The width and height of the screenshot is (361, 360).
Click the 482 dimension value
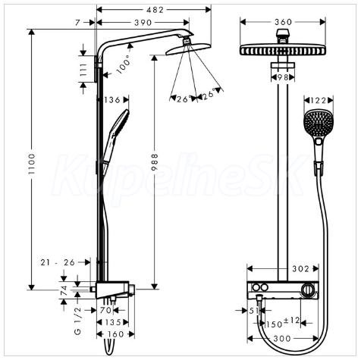coord(155,10)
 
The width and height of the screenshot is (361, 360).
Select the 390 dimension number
coord(143,23)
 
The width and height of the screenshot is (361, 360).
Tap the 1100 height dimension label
coord(31,164)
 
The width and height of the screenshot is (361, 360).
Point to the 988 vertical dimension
coord(155,162)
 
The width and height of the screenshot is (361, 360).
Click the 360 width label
coord(284,22)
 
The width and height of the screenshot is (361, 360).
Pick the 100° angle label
coord(124,64)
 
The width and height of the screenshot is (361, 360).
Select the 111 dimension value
coord(83,70)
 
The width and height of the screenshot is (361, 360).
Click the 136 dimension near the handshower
coord(112,100)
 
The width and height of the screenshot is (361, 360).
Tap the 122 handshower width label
coord(319,101)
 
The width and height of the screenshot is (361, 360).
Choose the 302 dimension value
coord(301,269)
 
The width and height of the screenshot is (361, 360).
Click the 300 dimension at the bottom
coord(282,338)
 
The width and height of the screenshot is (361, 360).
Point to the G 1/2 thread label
coord(78,321)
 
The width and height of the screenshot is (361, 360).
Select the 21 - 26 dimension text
coord(58,262)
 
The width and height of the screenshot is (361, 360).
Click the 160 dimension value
coord(115,334)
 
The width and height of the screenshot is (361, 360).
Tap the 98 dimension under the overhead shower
coord(283,77)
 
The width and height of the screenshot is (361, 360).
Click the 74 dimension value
coord(64,290)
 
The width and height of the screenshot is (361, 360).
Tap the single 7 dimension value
coord(77,23)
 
